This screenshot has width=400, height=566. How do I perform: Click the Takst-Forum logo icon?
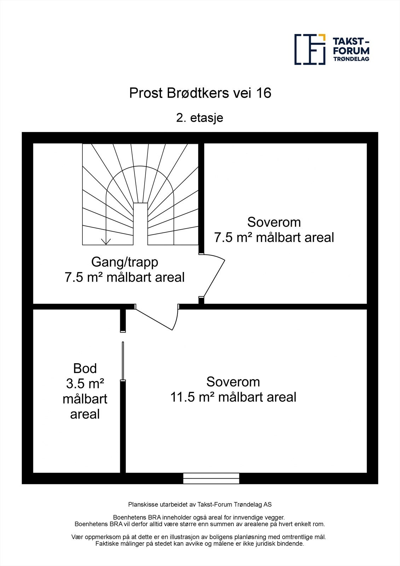click(x=310, y=49)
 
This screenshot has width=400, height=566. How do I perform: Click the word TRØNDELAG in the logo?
click(x=352, y=59)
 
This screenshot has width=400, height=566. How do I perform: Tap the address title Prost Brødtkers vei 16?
click(x=200, y=93)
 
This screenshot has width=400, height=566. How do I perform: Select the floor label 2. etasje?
click(x=200, y=117)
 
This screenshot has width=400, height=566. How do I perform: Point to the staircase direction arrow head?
click(x=106, y=242)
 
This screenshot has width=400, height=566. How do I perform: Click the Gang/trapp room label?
click(x=124, y=262)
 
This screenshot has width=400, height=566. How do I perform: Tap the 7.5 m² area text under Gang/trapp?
click(x=124, y=277)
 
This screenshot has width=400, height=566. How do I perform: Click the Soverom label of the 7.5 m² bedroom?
click(x=274, y=222)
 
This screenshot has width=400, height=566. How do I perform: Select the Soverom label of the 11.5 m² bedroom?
click(x=233, y=382)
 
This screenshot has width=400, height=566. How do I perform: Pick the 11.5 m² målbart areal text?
click(x=233, y=397)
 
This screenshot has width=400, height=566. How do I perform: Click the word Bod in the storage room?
click(x=85, y=369)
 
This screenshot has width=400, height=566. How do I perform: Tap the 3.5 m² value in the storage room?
click(x=85, y=383)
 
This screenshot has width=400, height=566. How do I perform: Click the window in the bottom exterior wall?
click(x=211, y=478)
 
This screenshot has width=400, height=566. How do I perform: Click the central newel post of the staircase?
click(x=140, y=224)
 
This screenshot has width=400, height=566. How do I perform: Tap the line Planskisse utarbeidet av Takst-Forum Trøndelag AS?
click(x=200, y=504)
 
